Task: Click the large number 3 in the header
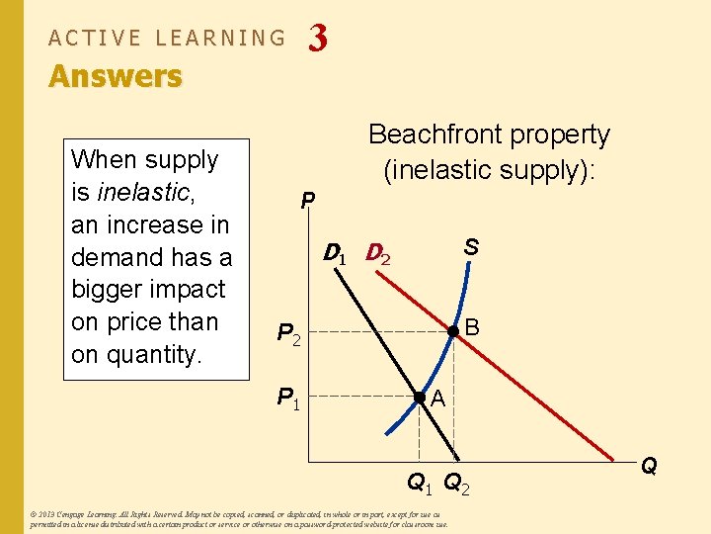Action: coord(317,38)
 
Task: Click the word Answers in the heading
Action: coord(116,76)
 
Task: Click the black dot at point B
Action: coord(453,331)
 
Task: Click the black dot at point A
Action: coord(419,397)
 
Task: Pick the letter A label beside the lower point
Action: coord(438,400)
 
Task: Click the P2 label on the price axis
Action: coord(289,336)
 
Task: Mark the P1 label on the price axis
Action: coord(289,399)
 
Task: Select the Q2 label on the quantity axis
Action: coord(457,485)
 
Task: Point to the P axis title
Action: coord(308,201)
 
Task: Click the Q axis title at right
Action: coord(649,466)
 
